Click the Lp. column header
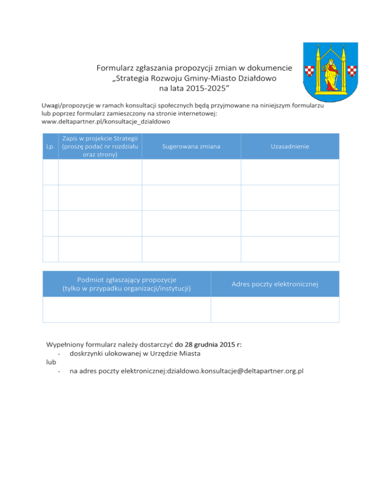[x=50, y=147]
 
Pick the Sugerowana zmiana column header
[x=191, y=146]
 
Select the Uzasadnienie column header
[x=290, y=146]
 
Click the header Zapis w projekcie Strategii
[x=99, y=138]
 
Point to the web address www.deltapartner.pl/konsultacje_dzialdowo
[x=105, y=122]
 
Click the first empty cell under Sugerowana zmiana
[x=191, y=172]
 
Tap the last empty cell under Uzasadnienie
[x=290, y=249]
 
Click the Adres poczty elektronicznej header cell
[x=275, y=284]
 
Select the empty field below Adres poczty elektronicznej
[x=275, y=310]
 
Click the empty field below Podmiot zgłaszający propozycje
[x=126, y=310]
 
